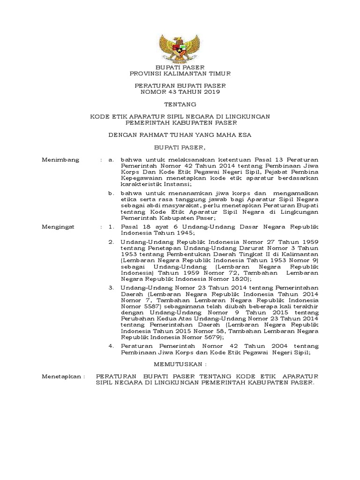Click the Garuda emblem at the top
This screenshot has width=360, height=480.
180,47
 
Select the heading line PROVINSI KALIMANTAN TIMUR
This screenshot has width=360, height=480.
180,74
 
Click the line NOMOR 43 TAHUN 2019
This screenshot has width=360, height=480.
180,92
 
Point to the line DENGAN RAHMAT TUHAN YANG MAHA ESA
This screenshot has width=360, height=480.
180,135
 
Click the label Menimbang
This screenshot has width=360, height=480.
60,160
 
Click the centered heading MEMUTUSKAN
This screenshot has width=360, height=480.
180,364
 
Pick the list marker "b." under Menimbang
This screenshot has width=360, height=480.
111,193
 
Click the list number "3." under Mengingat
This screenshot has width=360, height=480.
111,287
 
